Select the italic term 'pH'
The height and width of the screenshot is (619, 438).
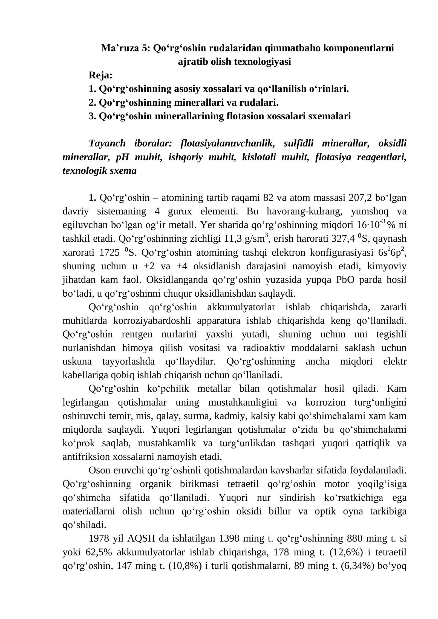click(122, 157)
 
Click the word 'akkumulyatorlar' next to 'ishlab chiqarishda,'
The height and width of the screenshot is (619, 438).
click(241, 307)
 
